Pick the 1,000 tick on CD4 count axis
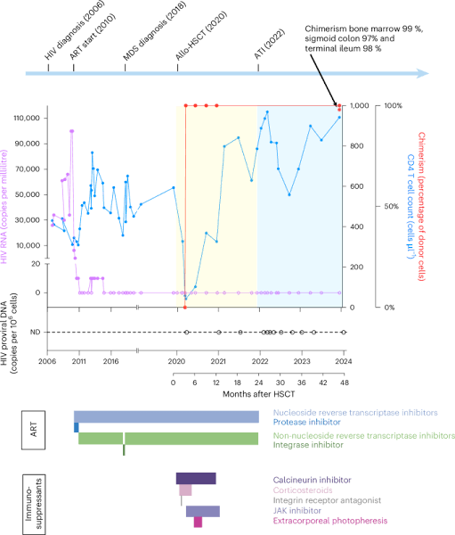click(362, 105)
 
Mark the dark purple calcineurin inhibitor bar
click(195, 479)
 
